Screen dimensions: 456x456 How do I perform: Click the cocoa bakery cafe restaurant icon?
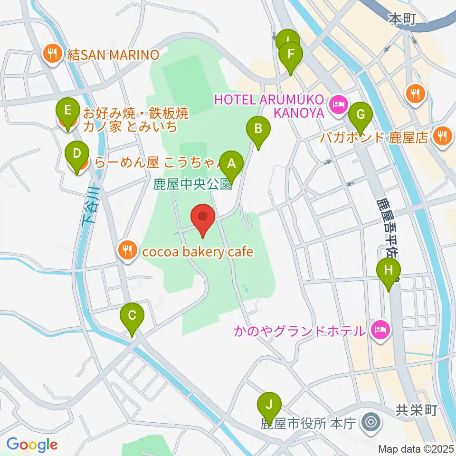click(126, 251)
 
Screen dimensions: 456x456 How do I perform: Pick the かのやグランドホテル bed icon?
click(380, 330)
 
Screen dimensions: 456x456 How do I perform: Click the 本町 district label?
click(402, 19)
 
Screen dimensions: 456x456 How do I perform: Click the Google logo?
click(32, 445)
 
